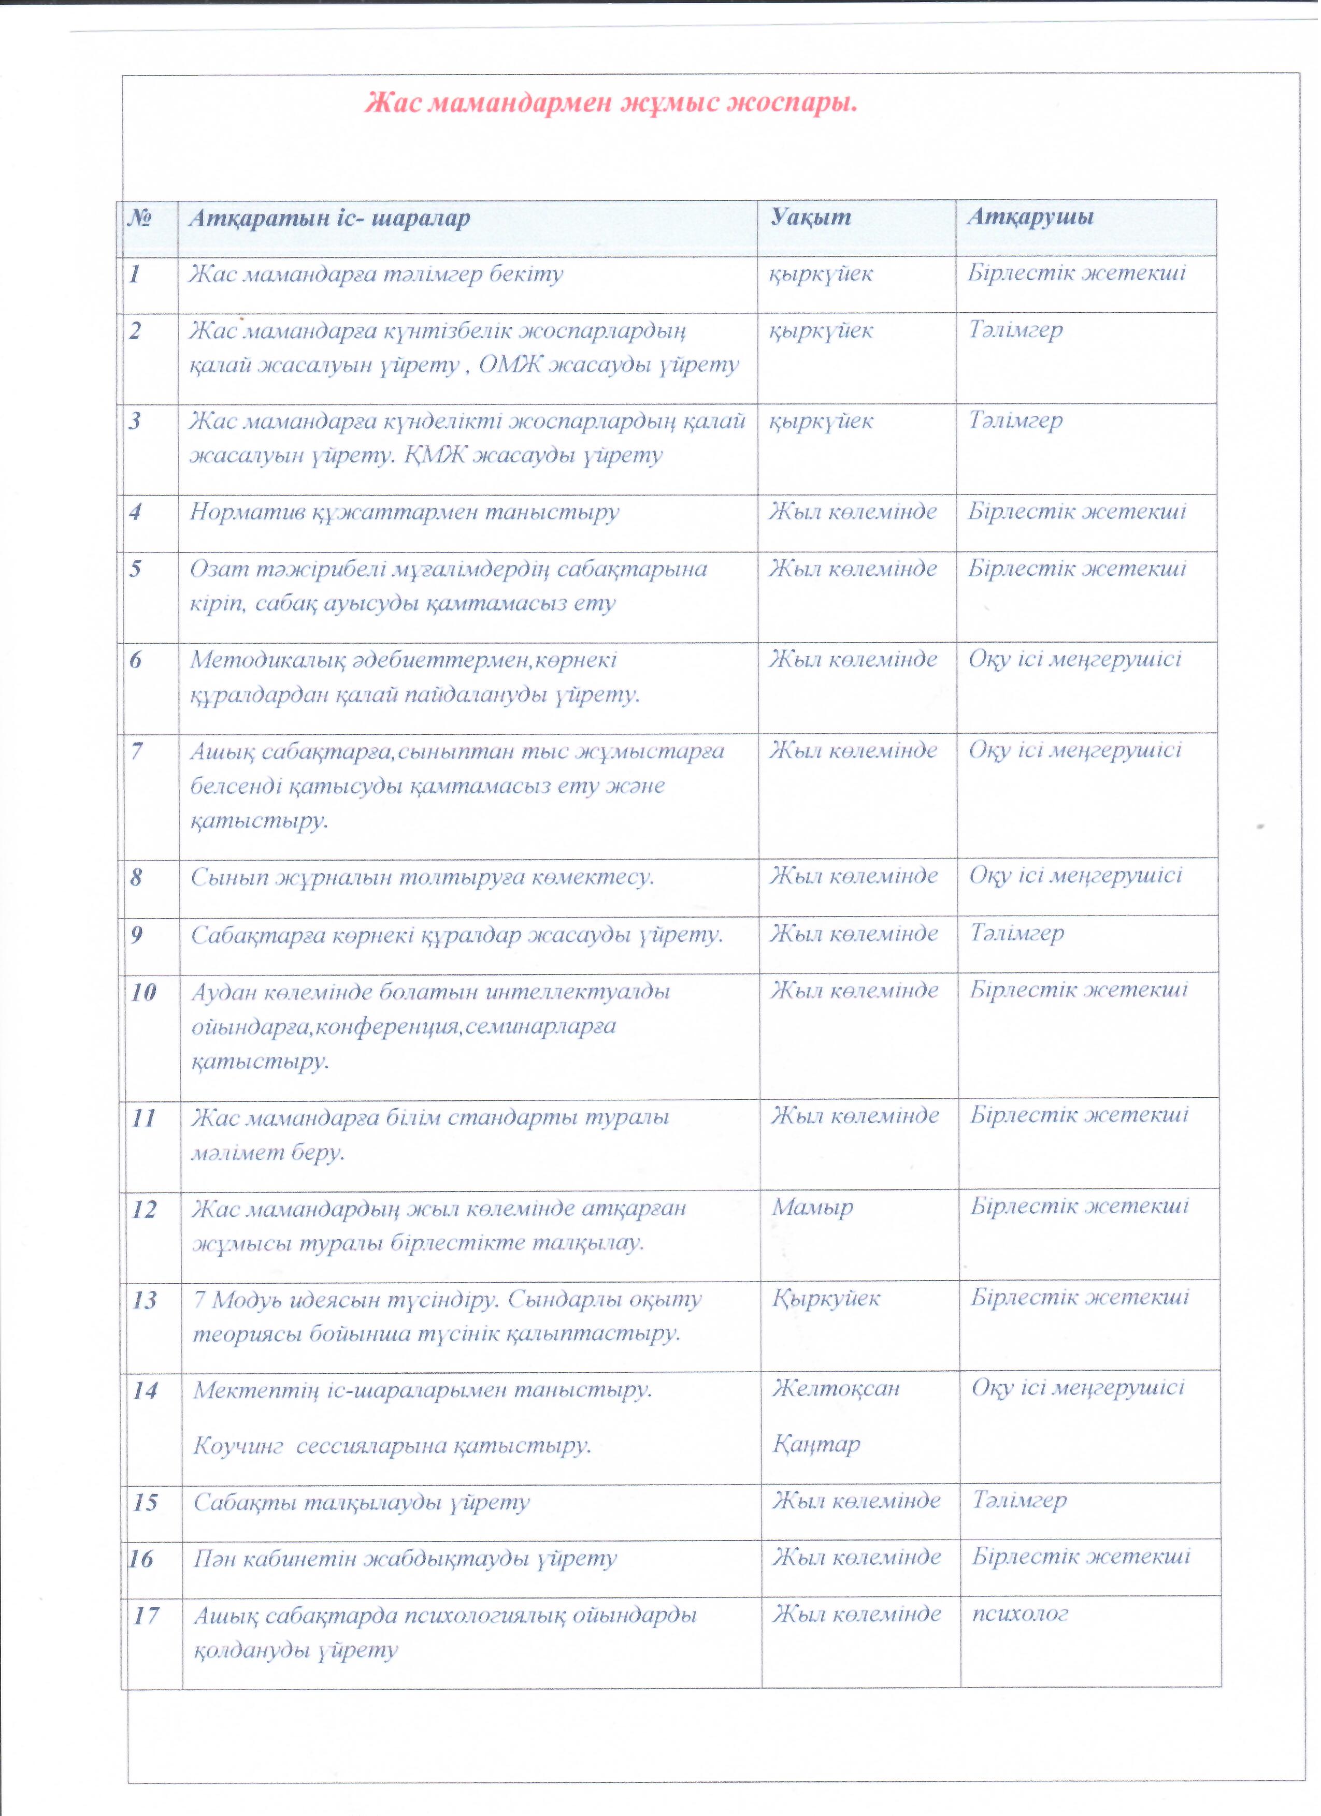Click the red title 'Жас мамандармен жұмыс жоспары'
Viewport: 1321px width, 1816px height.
[x=611, y=103]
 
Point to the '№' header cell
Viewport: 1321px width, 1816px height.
[x=140, y=218]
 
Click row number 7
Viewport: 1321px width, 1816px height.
[x=137, y=751]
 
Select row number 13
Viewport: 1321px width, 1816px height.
[x=144, y=1300]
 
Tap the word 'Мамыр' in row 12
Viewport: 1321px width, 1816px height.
[x=812, y=1208]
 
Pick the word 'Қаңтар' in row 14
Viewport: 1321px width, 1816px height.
[x=816, y=1445]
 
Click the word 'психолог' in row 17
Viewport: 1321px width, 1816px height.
[x=1021, y=1615]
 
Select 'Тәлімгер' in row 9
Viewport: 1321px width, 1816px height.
[x=1017, y=934]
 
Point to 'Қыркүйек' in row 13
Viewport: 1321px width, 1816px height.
[x=826, y=1299]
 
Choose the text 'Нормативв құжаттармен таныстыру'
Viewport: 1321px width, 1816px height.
[x=405, y=513]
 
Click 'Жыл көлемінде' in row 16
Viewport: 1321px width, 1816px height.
[x=856, y=1558]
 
